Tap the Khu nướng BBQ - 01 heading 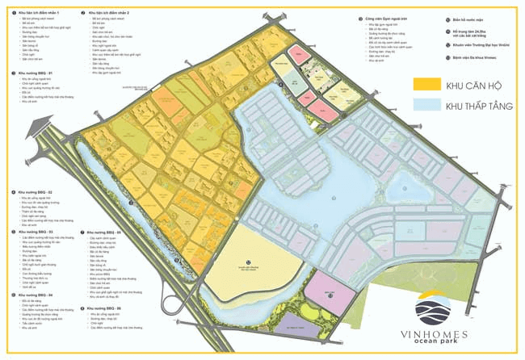click(36, 73)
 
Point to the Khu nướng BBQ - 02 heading click(36, 192)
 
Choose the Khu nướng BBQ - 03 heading click(36, 232)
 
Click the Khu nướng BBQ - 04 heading click(36, 295)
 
